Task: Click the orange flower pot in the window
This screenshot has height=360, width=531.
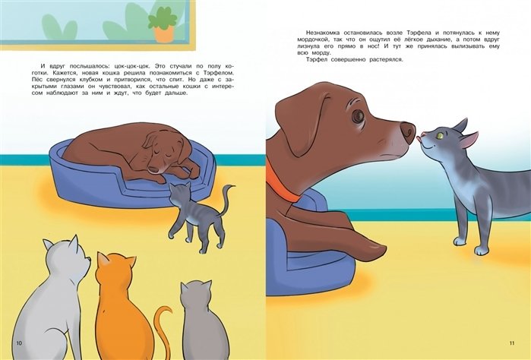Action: (x=164, y=34)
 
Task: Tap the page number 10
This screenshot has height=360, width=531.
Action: (x=19, y=343)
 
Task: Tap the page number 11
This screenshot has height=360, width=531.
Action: (x=512, y=343)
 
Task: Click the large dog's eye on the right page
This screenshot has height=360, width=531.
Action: (x=358, y=116)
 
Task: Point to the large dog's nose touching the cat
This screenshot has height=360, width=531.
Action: (x=407, y=132)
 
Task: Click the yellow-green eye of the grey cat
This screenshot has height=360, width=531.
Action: (x=441, y=136)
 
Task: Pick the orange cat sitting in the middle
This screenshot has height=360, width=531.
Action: (x=125, y=305)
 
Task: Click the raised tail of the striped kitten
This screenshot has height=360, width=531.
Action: (x=225, y=200)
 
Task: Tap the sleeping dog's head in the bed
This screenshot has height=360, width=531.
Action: (x=163, y=153)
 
